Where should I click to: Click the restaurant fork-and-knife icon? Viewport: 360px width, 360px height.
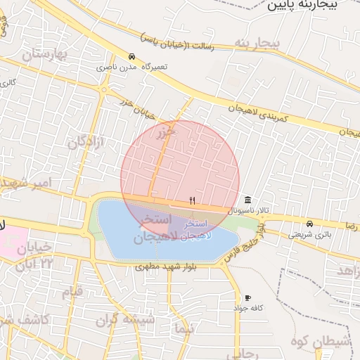pos(192,201)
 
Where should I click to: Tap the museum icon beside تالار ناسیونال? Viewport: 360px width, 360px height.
pos(247,199)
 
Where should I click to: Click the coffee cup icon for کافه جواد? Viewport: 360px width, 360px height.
pos(247,298)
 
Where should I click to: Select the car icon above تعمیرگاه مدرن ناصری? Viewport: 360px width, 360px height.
pos(131,56)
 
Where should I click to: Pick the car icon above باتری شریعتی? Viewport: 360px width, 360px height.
pos(310,224)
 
